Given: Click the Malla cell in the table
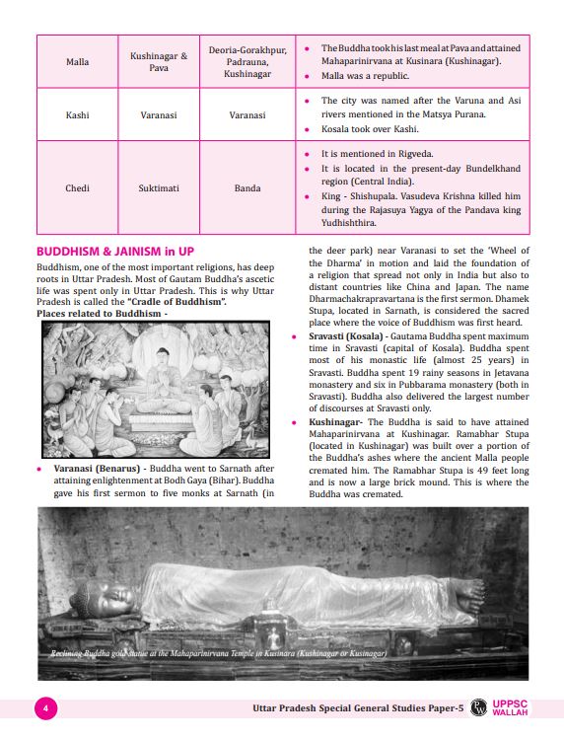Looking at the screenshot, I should click(77, 61).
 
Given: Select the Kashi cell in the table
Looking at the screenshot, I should click(77, 115).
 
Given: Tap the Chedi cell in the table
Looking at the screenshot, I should click(77, 186).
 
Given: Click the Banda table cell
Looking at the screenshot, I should click(247, 186).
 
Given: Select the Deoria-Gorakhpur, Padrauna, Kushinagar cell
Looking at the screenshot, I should click(247, 61).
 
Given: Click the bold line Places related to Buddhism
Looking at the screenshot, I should click(102, 313).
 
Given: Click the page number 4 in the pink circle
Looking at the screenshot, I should click(45, 707).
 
